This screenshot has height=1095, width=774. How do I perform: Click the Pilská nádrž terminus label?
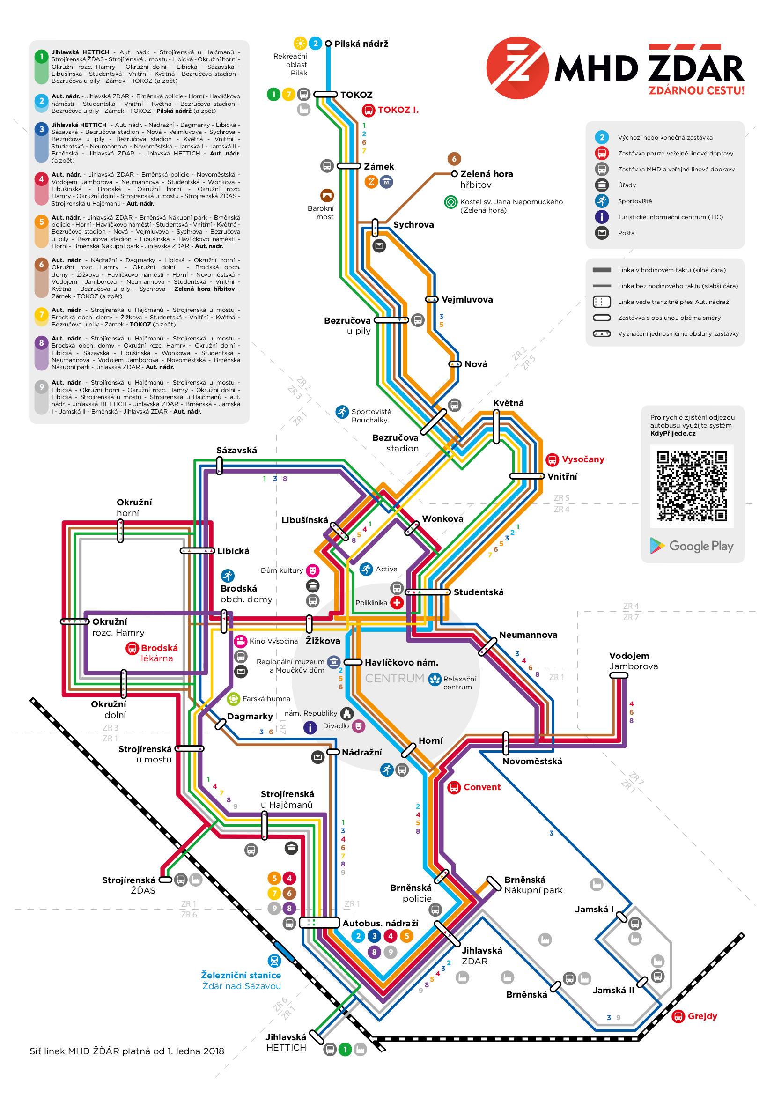click(x=361, y=44)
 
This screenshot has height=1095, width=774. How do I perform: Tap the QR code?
click(x=692, y=486)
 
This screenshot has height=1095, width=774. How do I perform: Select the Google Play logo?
click(x=692, y=546)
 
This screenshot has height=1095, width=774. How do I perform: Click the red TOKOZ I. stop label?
click(x=398, y=110)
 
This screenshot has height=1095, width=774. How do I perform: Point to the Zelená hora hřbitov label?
click(x=486, y=179)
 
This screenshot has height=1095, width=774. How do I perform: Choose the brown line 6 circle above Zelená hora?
click(x=454, y=158)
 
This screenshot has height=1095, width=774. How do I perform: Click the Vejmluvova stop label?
click(x=467, y=299)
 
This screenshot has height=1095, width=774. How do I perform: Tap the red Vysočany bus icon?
click(x=552, y=460)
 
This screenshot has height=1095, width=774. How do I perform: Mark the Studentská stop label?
click(x=479, y=592)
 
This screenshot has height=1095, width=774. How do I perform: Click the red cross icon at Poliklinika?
click(x=397, y=602)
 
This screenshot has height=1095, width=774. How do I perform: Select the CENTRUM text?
click(x=394, y=678)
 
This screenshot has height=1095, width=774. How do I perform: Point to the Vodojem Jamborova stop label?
click(x=633, y=661)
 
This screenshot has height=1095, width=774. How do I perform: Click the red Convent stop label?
click(x=482, y=787)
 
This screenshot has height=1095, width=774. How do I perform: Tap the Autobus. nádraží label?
click(x=380, y=923)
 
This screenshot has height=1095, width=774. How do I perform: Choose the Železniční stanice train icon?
click(x=274, y=960)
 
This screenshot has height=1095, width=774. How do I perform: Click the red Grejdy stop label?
click(x=702, y=1016)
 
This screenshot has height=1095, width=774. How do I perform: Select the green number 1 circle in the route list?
click(x=42, y=57)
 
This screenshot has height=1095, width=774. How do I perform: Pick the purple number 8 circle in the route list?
click(x=42, y=342)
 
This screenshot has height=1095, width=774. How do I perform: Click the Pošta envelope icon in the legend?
click(x=602, y=233)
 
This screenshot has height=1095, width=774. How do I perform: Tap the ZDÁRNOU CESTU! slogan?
click(x=696, y=90)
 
